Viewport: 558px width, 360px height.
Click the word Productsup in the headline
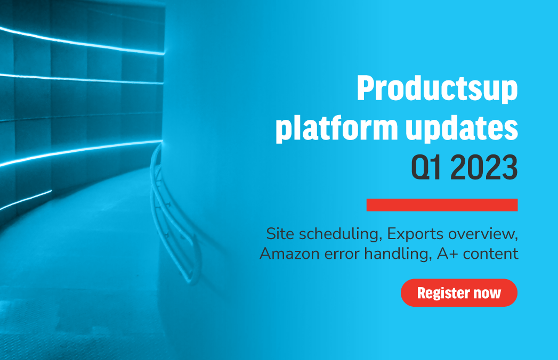(x=438, y=88)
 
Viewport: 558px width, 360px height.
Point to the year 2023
(x=484, y=167)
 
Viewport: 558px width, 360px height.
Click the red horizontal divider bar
(x=442, y=205)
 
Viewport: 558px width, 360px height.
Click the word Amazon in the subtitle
(x=289, y=254)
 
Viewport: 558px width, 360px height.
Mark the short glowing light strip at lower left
(x=26, y=200)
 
